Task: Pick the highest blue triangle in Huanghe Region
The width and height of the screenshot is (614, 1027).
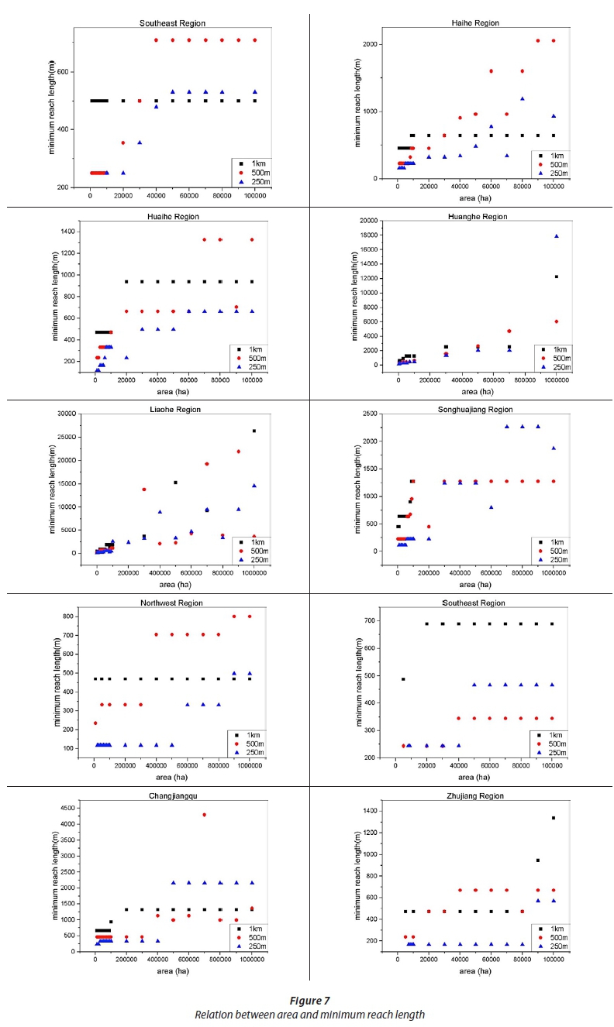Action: coord(557,236)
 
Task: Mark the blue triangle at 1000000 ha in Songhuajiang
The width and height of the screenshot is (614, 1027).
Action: coord(554,448)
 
